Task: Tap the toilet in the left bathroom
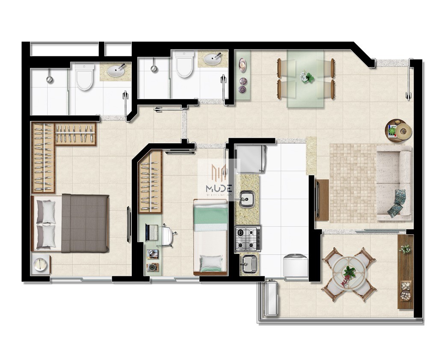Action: pyautogui.click(x=85, y=77)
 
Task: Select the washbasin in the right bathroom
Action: pyautogui.click(x=212, y=59)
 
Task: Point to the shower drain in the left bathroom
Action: pyautogui.click(x=50, y=80)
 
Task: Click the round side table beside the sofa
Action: pyautogui.click(x=403, y=130)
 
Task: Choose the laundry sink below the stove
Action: pyautogui.click(x=248, y=264)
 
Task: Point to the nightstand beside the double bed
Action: pyautogui.click(x=41, y=265)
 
